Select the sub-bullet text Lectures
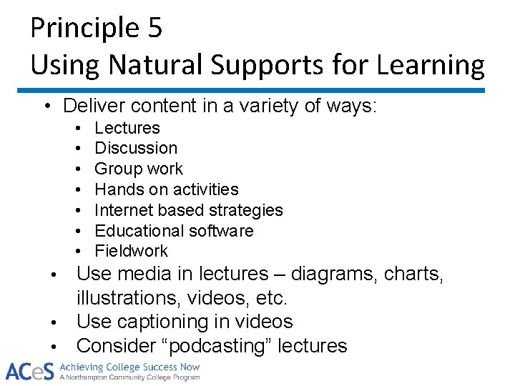(x=127, y=128)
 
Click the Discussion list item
(x=136, y=148)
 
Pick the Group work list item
(x=139, y=169)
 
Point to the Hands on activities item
(x=167, y=189)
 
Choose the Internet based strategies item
(x=189, y=210)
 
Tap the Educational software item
(x=174, y=231)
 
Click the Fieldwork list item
(x=131, y=251)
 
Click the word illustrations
(x=128, y=297)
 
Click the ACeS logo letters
(x=29, y=371)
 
